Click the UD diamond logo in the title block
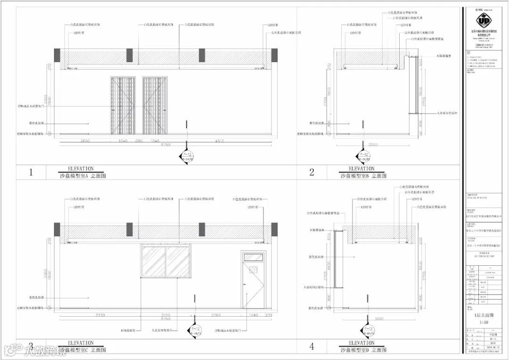tap(485, 21)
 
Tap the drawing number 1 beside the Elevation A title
tap(31, 172)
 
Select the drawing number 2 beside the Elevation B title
tap(312, 172)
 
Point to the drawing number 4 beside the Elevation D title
tap(312, 347)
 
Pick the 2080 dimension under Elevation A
tap(85, 141)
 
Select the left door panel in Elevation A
tap(123, 106)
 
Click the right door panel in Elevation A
tap(155, 106)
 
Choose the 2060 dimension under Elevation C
tap(215, 314)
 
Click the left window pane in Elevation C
tap(153, 261)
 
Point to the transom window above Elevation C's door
tap(253, 257)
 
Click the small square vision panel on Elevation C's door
tap(253, 270)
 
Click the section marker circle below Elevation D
tap(365, 330)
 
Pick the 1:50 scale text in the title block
tap(485, 322)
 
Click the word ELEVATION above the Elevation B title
tap(361, 169)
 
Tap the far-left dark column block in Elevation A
tap(57, 56)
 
